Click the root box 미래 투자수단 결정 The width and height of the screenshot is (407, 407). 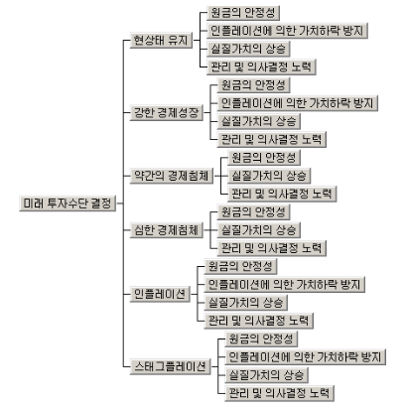(68, 203)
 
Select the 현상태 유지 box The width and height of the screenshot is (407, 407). (161, 41)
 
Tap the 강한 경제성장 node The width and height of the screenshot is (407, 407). (167, 113)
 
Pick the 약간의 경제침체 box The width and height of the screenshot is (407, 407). (172, 176)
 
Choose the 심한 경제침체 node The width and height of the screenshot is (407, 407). (167, 230)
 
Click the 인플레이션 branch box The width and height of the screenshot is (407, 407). (160, 294)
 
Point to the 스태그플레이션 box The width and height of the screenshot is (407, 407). (170, 366)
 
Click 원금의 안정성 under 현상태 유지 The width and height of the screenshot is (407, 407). (243, 13)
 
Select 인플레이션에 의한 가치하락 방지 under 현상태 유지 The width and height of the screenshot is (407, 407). (287, 31)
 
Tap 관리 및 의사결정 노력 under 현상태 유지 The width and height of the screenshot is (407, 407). (261, 68)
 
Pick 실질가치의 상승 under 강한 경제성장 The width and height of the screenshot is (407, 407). (259, 121)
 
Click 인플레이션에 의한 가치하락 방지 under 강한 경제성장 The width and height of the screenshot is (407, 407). (298, 103)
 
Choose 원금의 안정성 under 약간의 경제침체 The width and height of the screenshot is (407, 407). (264, 158)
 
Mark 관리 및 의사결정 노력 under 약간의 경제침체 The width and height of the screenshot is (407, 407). (282, 194)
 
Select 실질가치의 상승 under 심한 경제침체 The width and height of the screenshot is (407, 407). (259, 230)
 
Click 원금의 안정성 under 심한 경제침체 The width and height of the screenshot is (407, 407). (253, 212)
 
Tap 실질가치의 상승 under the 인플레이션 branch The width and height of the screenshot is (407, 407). (246, 303)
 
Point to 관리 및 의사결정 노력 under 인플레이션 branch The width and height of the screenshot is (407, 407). (259, 321)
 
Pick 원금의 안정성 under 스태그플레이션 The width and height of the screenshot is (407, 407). (261, 339)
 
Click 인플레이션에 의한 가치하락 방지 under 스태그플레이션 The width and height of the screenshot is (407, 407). (306, 357)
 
